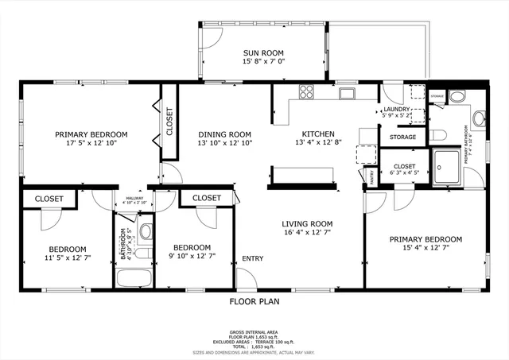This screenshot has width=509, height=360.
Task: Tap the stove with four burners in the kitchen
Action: click(307, 94)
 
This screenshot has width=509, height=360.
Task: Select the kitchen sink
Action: click(346, 94)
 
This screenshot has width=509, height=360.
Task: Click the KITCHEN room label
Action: click(317, 134)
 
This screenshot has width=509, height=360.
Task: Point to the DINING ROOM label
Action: click(224, 134)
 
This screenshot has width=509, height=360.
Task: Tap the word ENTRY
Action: click(253, 258)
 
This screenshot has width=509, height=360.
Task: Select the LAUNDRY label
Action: click(397, 110)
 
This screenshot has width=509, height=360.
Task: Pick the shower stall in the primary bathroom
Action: click(446, 165)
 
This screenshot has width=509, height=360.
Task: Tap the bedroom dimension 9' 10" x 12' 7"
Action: click(192, 257)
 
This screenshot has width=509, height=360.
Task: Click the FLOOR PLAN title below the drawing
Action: click(254, 301)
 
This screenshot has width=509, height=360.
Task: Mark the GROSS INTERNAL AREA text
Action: click(254, 331)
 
